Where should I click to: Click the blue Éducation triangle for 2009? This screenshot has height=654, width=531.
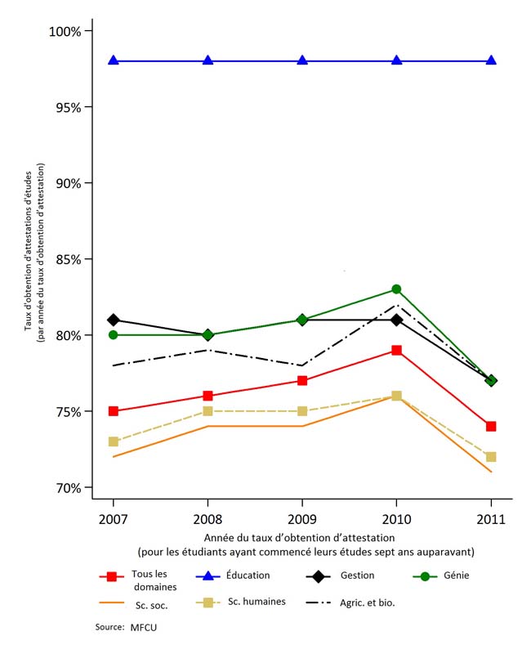pos(302,60)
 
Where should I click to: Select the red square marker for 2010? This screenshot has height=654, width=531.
pos(396,350)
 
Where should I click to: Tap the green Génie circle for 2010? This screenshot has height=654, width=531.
pos(396,289)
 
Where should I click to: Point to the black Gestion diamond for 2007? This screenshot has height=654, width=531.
pos(114,320)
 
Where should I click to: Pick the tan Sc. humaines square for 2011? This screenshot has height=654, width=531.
pos(491,457)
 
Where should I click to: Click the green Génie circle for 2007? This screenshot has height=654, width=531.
pos(114,335)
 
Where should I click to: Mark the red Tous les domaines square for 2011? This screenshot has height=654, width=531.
pos(491,426)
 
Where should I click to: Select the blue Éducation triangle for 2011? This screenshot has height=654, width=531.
pos(491,60)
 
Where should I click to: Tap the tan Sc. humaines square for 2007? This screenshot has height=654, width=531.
pos(114,441)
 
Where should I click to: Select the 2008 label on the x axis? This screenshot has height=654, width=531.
pos(207,519)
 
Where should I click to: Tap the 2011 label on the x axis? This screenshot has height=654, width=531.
pos(491,519)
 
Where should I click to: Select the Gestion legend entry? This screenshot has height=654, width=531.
pos(359,576)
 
